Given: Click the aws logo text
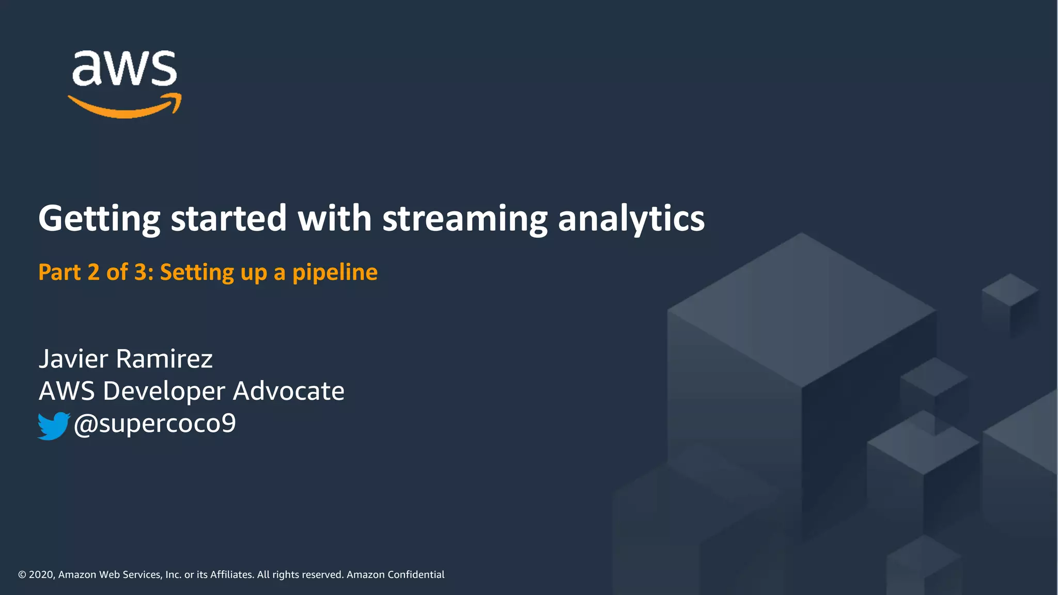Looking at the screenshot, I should (x=125, y=68).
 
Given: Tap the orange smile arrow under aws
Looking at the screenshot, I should (x=125, y=106).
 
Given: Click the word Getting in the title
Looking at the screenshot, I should (x=99, y=218).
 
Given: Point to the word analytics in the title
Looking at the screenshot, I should (x=631, y=218).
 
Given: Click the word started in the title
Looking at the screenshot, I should (x=228, y=218).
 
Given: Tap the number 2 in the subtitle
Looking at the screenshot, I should (x=94, y=272).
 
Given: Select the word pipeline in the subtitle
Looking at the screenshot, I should (x=335, y=273).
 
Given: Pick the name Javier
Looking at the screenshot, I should (x=73, y=358).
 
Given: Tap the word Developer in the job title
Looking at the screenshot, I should (x=164, y=391).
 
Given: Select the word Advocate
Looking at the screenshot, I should (x=288, y=390).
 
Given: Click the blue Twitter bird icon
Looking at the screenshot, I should (x=53, y=426).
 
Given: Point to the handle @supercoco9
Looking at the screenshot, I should (x=154, y=424).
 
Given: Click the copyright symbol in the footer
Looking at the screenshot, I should (x=22, y=575).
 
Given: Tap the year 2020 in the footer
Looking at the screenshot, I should (x=41, y=575).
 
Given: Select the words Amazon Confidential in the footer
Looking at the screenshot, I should (x=395, y=575).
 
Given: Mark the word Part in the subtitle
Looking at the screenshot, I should (x=59, y=272).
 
